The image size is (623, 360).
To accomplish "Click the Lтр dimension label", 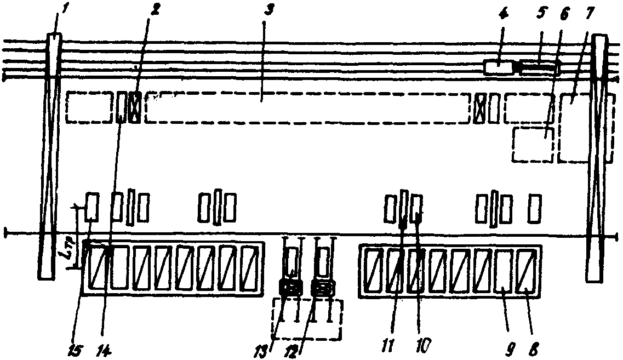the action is (76, 253).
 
